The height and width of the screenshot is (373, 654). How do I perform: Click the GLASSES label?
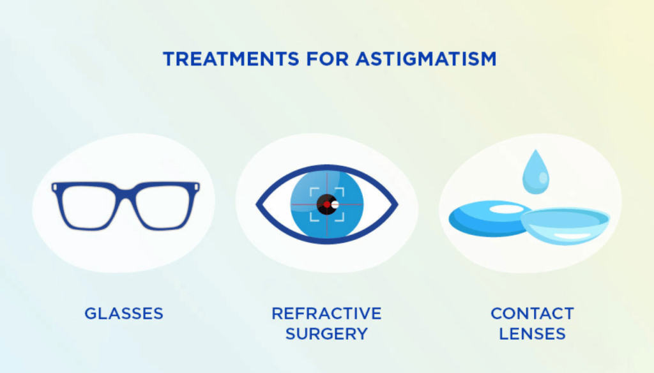click(x=124, y=314)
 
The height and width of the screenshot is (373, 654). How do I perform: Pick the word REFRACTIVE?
click(x=326, y=314)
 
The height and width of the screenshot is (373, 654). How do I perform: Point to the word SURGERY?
click(x=326, y=333)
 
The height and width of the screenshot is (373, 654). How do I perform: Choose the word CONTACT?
click(x=532, y=314)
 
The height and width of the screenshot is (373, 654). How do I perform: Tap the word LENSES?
click(x=532, y=333)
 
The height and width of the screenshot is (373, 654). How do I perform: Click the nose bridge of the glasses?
click(x=126, y=193)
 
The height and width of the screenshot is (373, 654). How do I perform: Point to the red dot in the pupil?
click(x=326, y=204)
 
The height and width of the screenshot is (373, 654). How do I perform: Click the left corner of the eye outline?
click(x=258, y=204)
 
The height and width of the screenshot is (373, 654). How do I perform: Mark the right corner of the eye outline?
click(x=396, y=204)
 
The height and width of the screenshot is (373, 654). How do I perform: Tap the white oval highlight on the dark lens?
click(x=504, y=209)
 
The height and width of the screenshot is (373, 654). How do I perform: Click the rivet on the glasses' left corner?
click(x=56, y=188)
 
